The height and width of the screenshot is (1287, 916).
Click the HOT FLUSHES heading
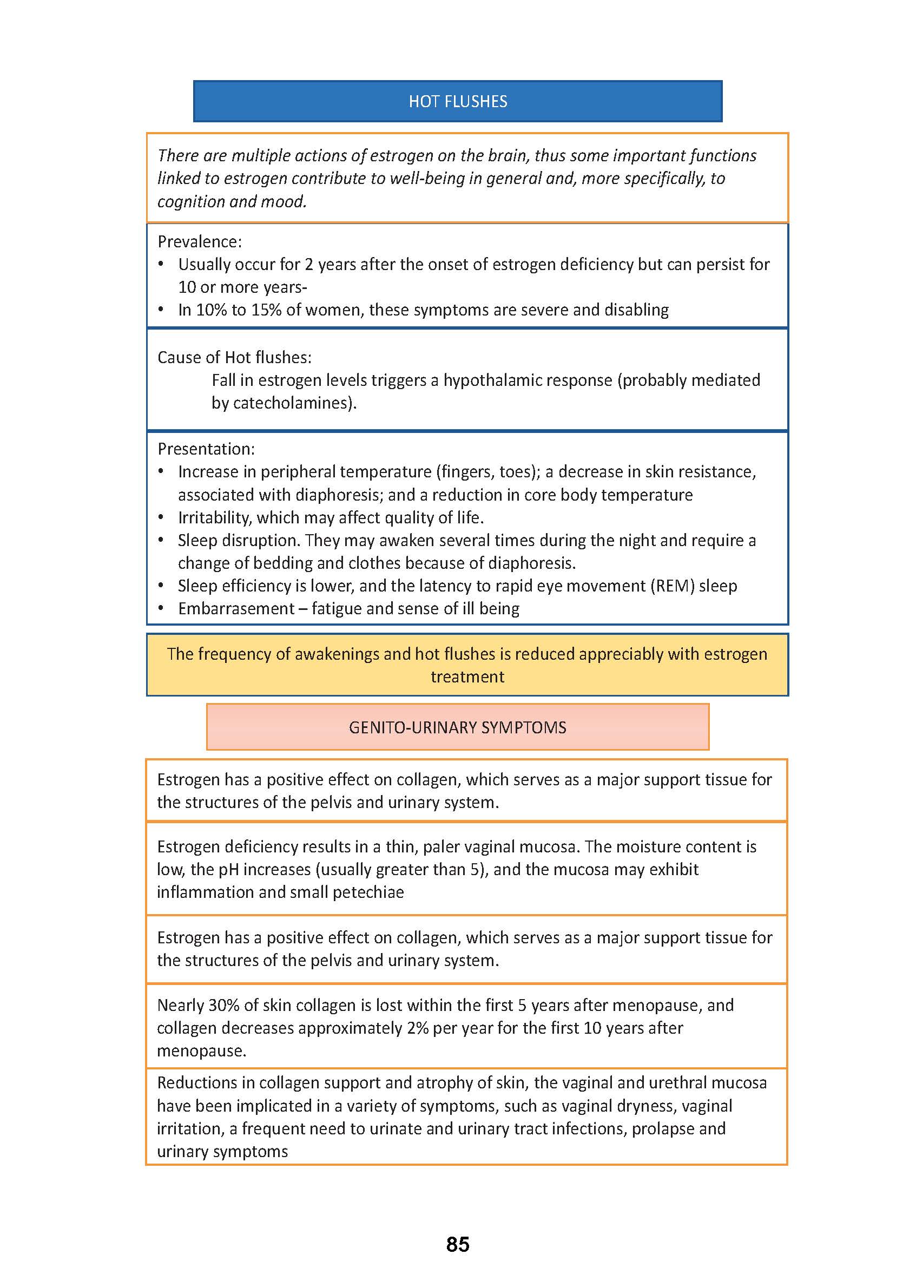point(457,102)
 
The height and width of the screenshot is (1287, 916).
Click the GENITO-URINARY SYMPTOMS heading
point(457,727)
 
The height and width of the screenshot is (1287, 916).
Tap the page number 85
point(457,1245)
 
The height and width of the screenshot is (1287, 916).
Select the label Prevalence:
point(200,242)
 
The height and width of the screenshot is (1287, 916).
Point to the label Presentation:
point(206,449)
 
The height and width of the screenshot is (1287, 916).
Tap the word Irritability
point(214,518)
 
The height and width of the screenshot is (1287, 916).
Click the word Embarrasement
point(236,609)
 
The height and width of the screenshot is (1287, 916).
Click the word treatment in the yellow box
point(467,677)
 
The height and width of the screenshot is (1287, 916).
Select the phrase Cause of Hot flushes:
point(234,358)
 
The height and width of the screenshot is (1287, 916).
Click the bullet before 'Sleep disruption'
point(161,540)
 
